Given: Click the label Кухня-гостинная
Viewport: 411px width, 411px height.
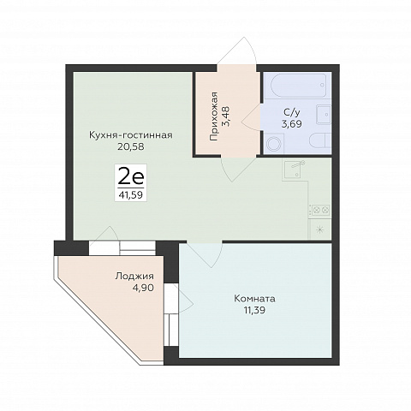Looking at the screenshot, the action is pyautogui.click(x=131, y=135).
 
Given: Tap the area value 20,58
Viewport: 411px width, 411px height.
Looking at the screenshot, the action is pyautogui.click(x=131, y=146).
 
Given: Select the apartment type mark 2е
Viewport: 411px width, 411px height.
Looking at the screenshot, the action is pyautogui.click(x=131, y=176).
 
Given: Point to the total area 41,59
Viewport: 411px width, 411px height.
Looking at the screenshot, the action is pyautogui.click(x=131, y=195).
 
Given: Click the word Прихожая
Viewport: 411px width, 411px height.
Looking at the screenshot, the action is pyautogui.click(x=213, y=116).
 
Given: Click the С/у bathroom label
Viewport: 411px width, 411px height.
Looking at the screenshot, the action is pyautogui.click(x=292, y=113).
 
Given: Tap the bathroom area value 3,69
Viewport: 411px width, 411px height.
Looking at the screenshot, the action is pyautogui.click(x=292, y=124).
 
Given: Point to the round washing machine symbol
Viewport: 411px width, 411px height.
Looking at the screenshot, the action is pyautogui.click(x=275, y=144).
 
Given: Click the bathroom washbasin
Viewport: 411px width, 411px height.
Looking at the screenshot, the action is pyautogui.click(x=324, y=114).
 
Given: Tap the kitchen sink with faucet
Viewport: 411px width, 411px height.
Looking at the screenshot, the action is pyautogui.click(x=293, y=169).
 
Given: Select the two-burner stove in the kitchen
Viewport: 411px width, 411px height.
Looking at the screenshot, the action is pyautogui.click(x=320, y=211).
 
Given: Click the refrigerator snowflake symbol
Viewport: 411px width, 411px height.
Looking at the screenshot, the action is pyautogui.click(x=320, y=229).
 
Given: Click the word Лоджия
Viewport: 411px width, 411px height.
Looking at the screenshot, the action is pyautogui.click(x=134, y=276).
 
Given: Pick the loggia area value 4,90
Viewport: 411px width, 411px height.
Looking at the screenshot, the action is pyautogui.click(x=143, y=288).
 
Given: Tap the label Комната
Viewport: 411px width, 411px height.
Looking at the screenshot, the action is pyautogui.click(x=254, y=299).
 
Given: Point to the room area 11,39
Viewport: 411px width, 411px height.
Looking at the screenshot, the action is pyautogui.click(x=254, y=310).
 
